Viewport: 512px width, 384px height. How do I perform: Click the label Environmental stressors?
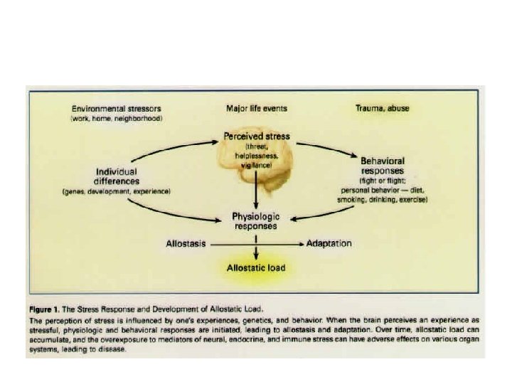pos(117,109)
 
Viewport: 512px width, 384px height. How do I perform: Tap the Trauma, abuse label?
pos(382,109)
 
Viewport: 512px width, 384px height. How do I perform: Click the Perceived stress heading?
pos(255,135)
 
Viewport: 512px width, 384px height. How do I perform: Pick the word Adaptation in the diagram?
pos(329,244)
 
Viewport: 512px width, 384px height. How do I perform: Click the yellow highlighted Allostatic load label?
pos(255,269)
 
